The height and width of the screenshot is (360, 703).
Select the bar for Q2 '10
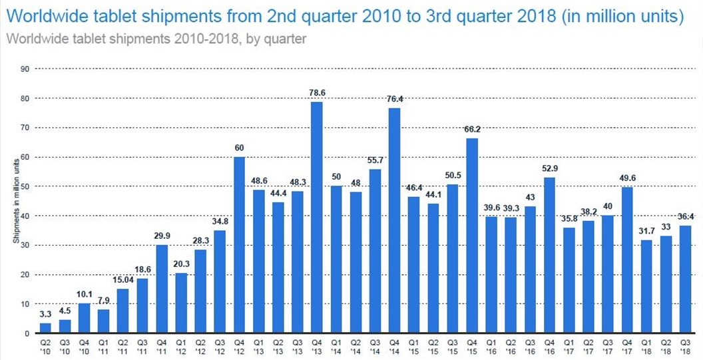45,327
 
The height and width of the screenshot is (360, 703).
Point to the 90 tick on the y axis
24,69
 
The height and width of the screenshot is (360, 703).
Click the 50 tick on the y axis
24,186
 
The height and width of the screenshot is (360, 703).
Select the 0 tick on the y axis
26,333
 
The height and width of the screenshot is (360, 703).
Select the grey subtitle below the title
156,39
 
